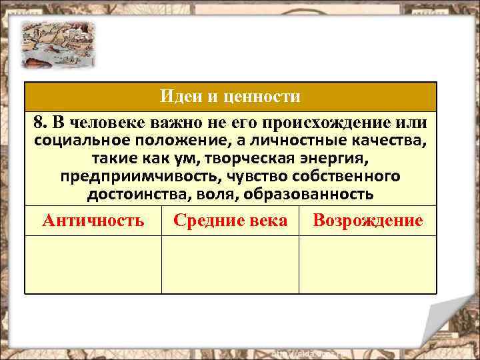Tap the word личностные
pos(293,141)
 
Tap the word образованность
pos(320,194)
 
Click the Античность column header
pos(93,221)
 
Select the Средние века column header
pos(230,221)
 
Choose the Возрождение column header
pos(367,221)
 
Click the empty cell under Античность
pos(93,265)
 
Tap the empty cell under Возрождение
pos(367,265)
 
